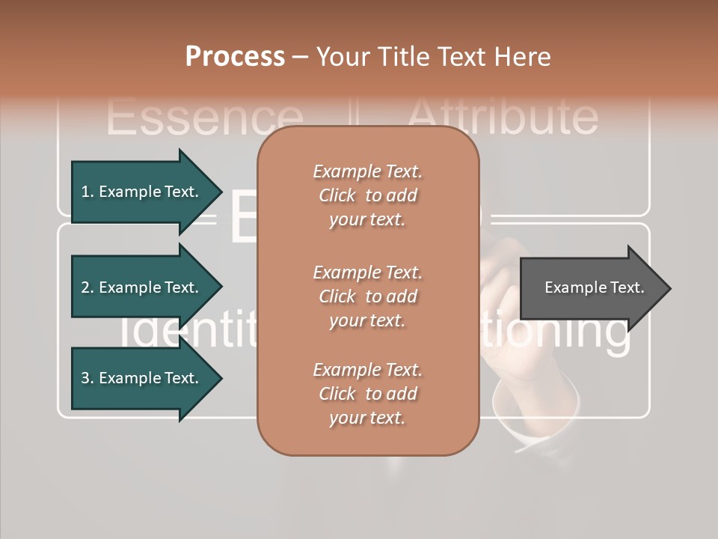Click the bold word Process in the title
point(235,57)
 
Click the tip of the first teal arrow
point(220,192)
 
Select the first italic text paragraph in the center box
point(367,195)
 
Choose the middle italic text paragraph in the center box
point(367,296)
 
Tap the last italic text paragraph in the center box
point(367,394)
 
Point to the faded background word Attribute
point(503,117)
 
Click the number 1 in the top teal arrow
point(86,192)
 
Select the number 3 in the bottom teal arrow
point(86,378)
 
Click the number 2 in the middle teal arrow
point(86,287)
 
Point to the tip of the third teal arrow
point(220,378)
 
